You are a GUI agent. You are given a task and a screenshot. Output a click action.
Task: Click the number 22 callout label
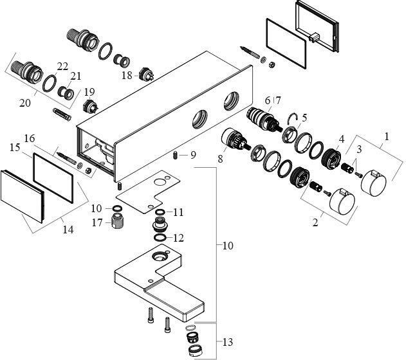point(62,66)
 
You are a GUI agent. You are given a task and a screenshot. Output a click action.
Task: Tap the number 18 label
point(127,75)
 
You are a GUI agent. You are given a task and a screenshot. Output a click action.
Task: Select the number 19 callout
point(89,92)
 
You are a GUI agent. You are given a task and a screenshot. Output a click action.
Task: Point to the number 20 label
point(25,103)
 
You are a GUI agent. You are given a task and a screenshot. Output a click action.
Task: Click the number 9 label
point(193,155)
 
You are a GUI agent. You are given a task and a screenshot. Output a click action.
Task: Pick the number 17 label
point(97,222)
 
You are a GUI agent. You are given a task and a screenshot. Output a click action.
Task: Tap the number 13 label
point(228,343)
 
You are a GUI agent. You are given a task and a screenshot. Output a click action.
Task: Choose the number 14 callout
point(68,230)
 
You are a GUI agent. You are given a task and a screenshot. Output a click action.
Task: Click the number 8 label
point(220,159)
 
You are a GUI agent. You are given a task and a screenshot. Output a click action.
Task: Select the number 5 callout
point(304,118)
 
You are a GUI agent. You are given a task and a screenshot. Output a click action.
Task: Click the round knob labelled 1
point(374,182)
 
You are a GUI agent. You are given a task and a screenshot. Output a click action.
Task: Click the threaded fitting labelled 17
point(118,221)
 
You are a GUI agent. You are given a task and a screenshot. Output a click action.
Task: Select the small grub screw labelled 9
point(176,156)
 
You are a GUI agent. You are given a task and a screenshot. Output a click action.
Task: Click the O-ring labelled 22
point(50,84)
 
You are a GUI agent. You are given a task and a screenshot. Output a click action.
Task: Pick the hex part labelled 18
point(146,75)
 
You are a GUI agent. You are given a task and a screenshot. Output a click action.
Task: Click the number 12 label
point(178,238)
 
